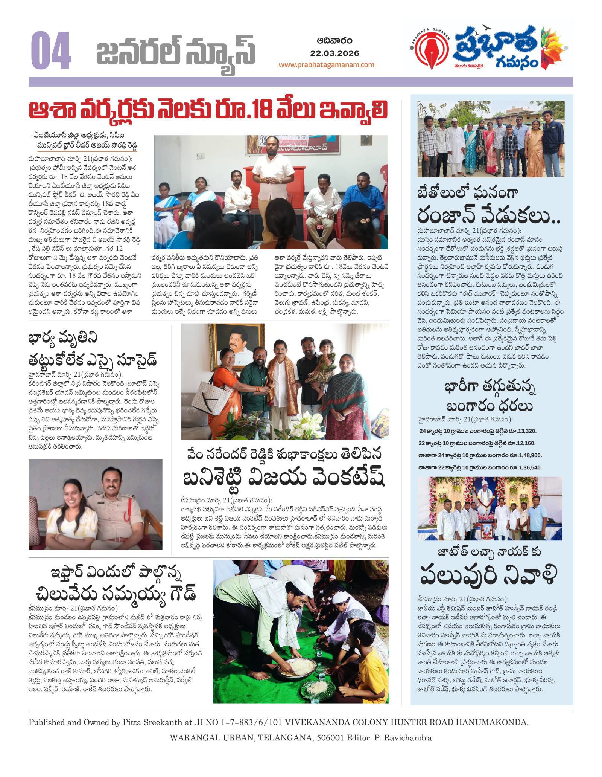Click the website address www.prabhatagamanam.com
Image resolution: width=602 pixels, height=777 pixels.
pyautogui.click(x=326, y=65)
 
